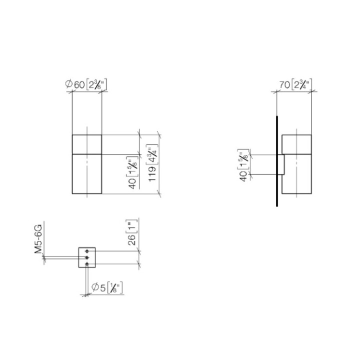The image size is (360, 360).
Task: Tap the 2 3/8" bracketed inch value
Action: point(96,84)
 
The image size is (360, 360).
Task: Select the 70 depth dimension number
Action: point(284,84)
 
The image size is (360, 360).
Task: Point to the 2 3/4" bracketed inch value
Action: point(301,84)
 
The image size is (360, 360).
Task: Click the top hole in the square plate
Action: point(87,250)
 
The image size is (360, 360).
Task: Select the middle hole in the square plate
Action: point(87,257)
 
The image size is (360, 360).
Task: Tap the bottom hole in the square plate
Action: point(87,263)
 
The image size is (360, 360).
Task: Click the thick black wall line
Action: point(276,160)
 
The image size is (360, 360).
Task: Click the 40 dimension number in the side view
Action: point(243,175)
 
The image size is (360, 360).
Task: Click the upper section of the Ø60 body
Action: point(87,144)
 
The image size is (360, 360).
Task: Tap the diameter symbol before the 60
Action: point(69,84)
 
